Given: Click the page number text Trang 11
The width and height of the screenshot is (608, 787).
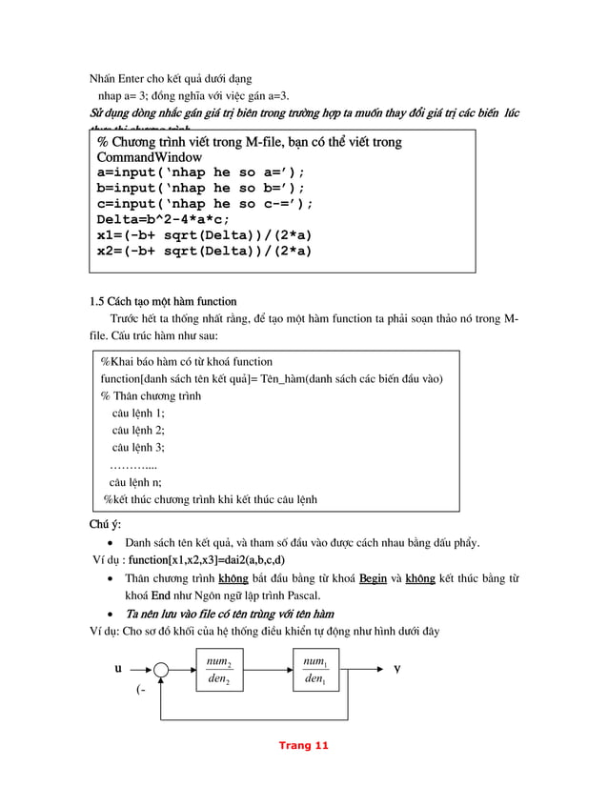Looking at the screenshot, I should point(303,745).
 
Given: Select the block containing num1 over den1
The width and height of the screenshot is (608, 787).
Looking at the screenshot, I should point(315,671).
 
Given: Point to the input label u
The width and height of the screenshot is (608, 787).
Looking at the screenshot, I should point(118,669).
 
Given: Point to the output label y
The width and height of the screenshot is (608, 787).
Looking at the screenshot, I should point(397,668).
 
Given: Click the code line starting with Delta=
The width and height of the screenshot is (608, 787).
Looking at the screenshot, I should point(163,218).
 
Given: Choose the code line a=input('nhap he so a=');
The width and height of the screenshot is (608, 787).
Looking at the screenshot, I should point(200,172).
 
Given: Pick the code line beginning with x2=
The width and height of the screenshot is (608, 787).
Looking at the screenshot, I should point(204,250).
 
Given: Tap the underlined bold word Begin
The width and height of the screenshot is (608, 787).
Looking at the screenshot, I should point(371,578).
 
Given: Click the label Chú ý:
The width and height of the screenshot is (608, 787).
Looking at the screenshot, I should point(105,525).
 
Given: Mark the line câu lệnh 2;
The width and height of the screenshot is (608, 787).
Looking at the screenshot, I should point(138,430).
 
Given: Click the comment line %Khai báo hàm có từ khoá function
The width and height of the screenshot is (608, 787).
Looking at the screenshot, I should point(187,361).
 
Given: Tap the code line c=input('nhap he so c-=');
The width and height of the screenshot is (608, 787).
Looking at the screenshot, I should point(205,203).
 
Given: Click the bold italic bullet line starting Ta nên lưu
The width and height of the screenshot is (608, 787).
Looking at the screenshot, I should point(229,613).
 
